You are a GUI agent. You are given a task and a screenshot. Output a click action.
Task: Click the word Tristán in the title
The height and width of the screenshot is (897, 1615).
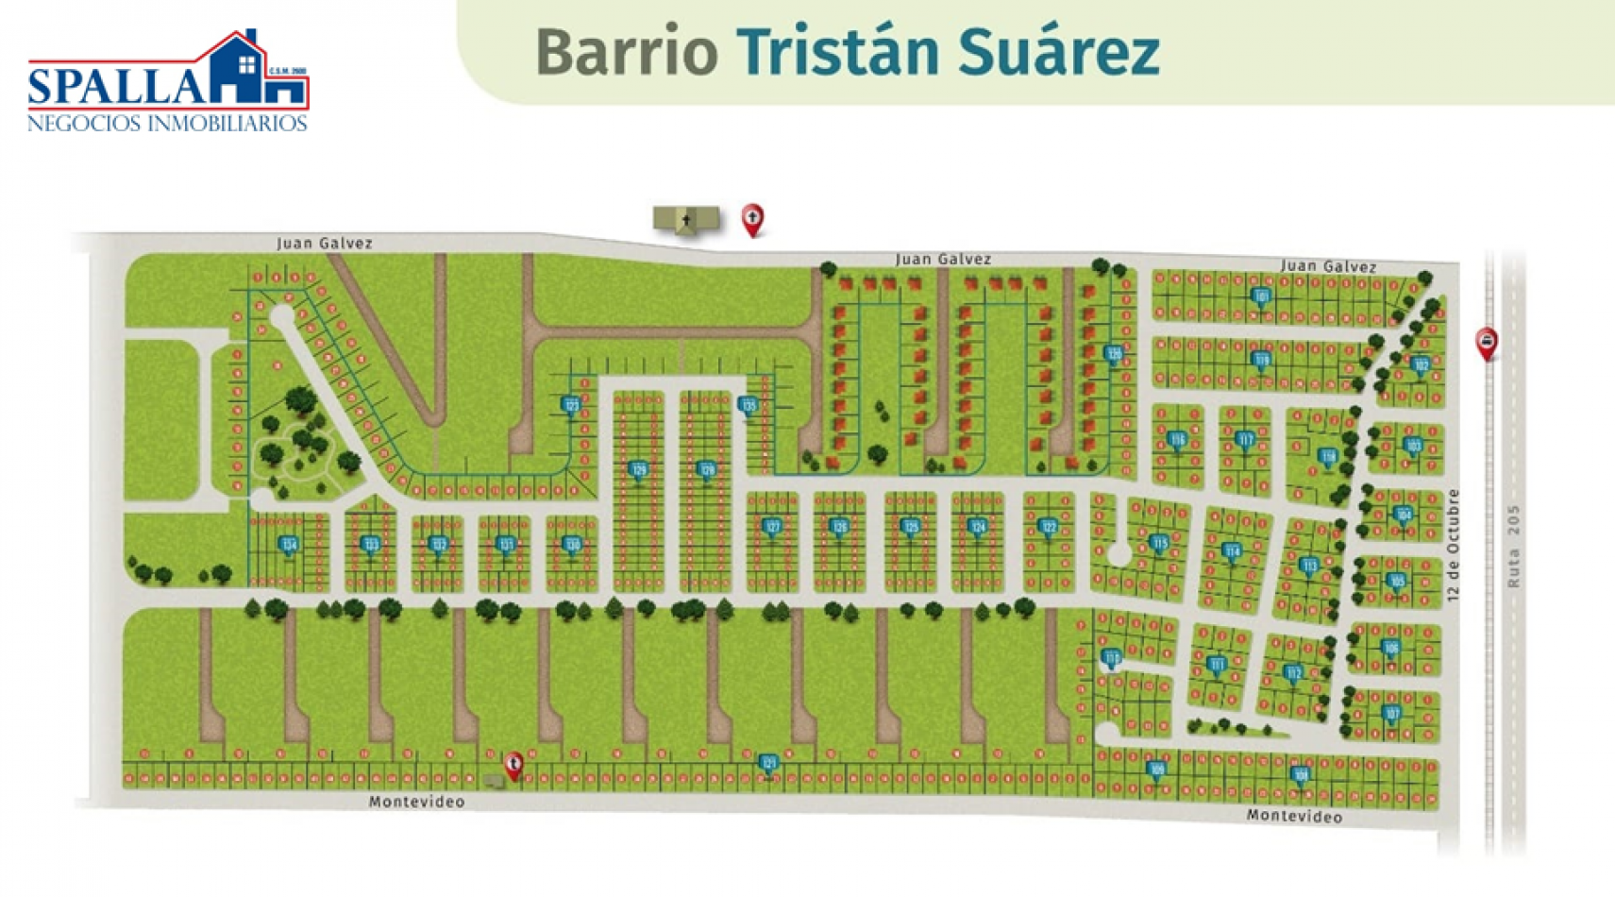[837, 52]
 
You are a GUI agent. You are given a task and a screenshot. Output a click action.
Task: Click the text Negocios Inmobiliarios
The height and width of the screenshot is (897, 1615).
[167, 124]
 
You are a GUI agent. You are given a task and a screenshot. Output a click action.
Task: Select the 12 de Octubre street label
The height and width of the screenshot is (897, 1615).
[1453, 545]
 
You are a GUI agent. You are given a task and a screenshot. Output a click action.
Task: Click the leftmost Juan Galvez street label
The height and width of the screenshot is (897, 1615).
[324, 243]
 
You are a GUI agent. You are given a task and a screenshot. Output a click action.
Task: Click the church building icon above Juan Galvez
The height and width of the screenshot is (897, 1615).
[686, 220]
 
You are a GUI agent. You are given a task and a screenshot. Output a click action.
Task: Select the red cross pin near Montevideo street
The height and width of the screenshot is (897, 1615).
[513, 764]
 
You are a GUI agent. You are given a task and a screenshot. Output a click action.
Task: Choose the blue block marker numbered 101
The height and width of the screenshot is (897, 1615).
[1261, 296]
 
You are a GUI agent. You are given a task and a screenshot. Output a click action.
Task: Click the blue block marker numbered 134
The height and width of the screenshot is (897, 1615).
[289, 544]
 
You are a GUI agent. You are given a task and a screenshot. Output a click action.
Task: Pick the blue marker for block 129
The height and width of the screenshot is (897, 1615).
[639, 469]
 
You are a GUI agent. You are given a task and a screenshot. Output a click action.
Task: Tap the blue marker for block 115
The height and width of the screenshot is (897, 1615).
[1159, 543]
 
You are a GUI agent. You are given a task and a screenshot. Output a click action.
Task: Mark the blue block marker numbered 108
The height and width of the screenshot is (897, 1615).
[1301, 775]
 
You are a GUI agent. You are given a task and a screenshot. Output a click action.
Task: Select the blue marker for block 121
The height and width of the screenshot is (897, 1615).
[768, 762]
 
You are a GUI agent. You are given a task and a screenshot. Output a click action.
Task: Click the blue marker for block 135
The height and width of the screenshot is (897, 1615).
[748, 406]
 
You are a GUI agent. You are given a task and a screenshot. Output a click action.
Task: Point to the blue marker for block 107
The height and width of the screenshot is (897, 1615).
[1390, 713]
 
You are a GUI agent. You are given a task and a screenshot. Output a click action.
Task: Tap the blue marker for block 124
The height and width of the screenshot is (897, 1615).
[978, 527]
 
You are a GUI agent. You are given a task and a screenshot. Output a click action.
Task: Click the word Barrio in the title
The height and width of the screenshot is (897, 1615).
[627, 52]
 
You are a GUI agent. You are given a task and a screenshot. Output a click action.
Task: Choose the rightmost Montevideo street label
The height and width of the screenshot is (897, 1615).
[1293, 816]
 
